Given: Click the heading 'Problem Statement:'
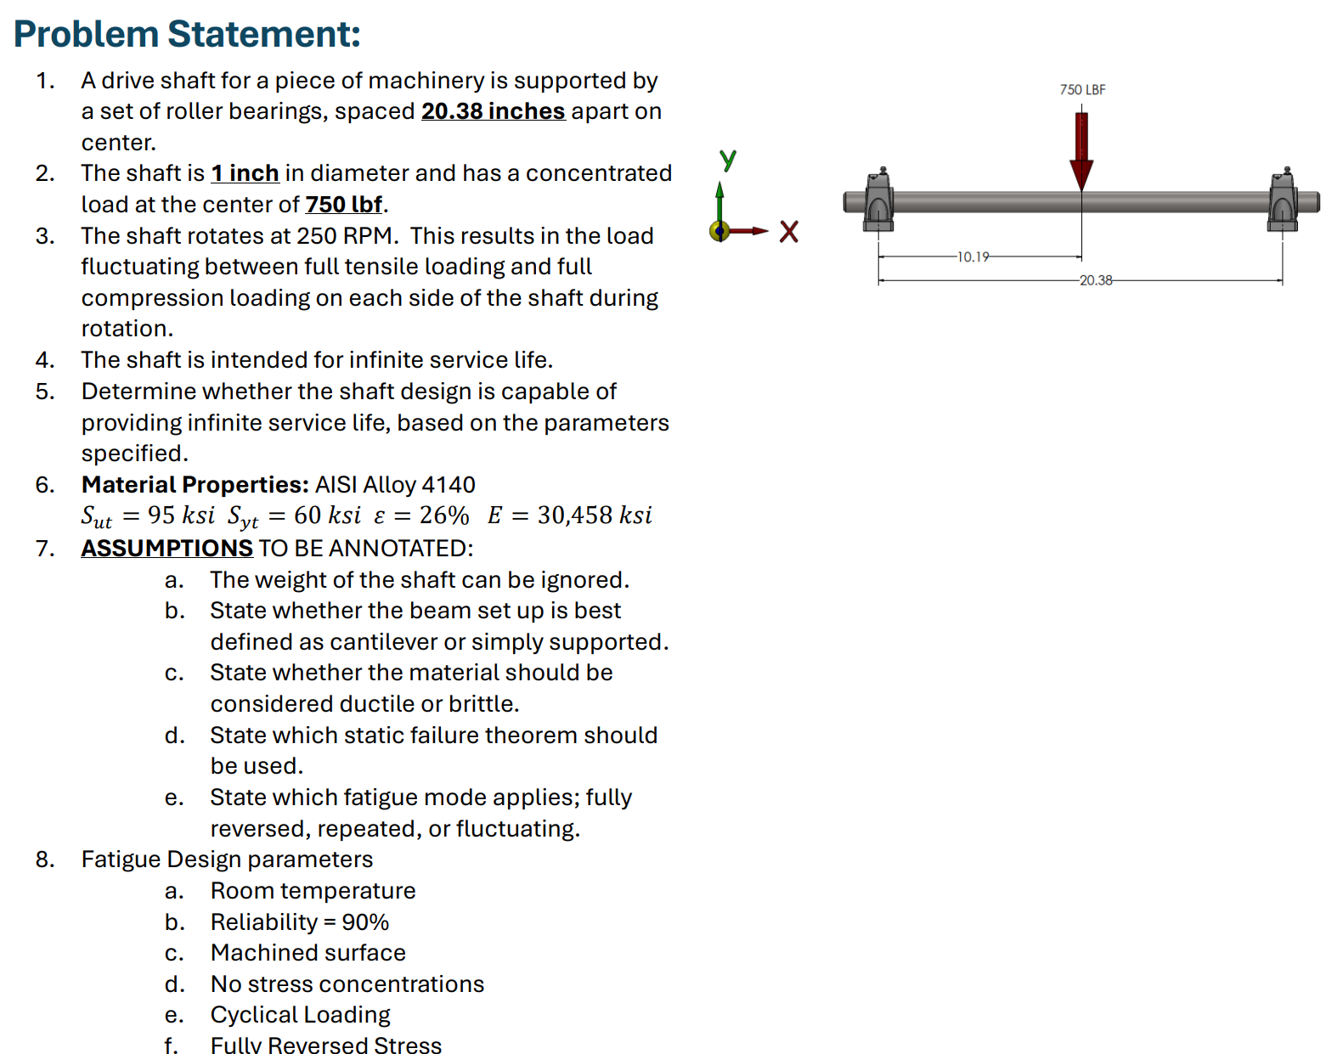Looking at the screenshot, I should [187, 35].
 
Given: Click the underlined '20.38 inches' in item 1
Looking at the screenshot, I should [493, 111].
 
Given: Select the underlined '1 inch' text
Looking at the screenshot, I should [245, 173].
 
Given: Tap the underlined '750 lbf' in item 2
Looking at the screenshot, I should [343, 205].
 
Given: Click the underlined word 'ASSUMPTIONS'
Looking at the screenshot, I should [166, 549].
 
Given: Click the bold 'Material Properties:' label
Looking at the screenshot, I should [195, 485].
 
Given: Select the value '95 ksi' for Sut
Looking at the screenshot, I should [181, 516].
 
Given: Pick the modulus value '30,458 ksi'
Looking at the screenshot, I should [595, 516].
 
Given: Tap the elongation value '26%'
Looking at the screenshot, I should [444, 516].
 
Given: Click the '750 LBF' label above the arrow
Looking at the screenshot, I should [1082, 90].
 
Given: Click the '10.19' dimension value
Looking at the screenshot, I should [973, 256].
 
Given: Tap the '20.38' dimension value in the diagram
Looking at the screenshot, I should [1096, 280].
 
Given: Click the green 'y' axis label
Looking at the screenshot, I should [728, 158].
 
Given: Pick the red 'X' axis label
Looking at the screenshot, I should [789, 232].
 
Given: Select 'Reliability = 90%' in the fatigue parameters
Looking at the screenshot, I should [299, 922].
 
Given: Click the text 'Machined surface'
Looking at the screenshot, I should [308, 953].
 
